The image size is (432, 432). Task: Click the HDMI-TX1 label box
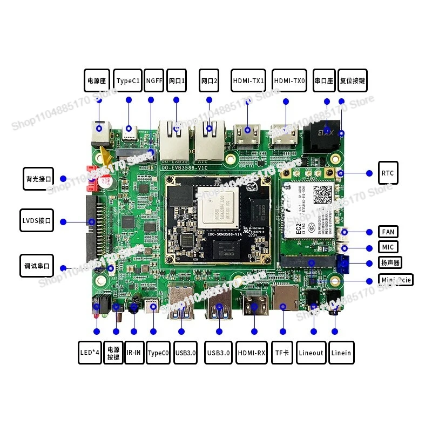[x=248, y=80]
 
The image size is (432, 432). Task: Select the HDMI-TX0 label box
[x=289, y=80]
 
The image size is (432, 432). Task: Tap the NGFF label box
[x=154, y=80]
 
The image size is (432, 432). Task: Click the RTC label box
[x=387, y=173]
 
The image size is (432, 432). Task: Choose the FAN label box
[x=388, y=232]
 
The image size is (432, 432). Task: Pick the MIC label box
[x=388, y=247]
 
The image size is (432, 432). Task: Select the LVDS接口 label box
[x=37, y=221]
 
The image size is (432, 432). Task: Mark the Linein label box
[x=341, y=353]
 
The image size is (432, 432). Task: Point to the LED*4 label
[x=90, y=353]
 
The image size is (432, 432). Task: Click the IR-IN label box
[x=134, y=353]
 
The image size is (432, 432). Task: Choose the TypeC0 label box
[x=158, y=353]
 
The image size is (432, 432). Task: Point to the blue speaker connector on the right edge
[x=343, y=264]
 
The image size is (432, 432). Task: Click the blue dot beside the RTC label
[x=369, y=173]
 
